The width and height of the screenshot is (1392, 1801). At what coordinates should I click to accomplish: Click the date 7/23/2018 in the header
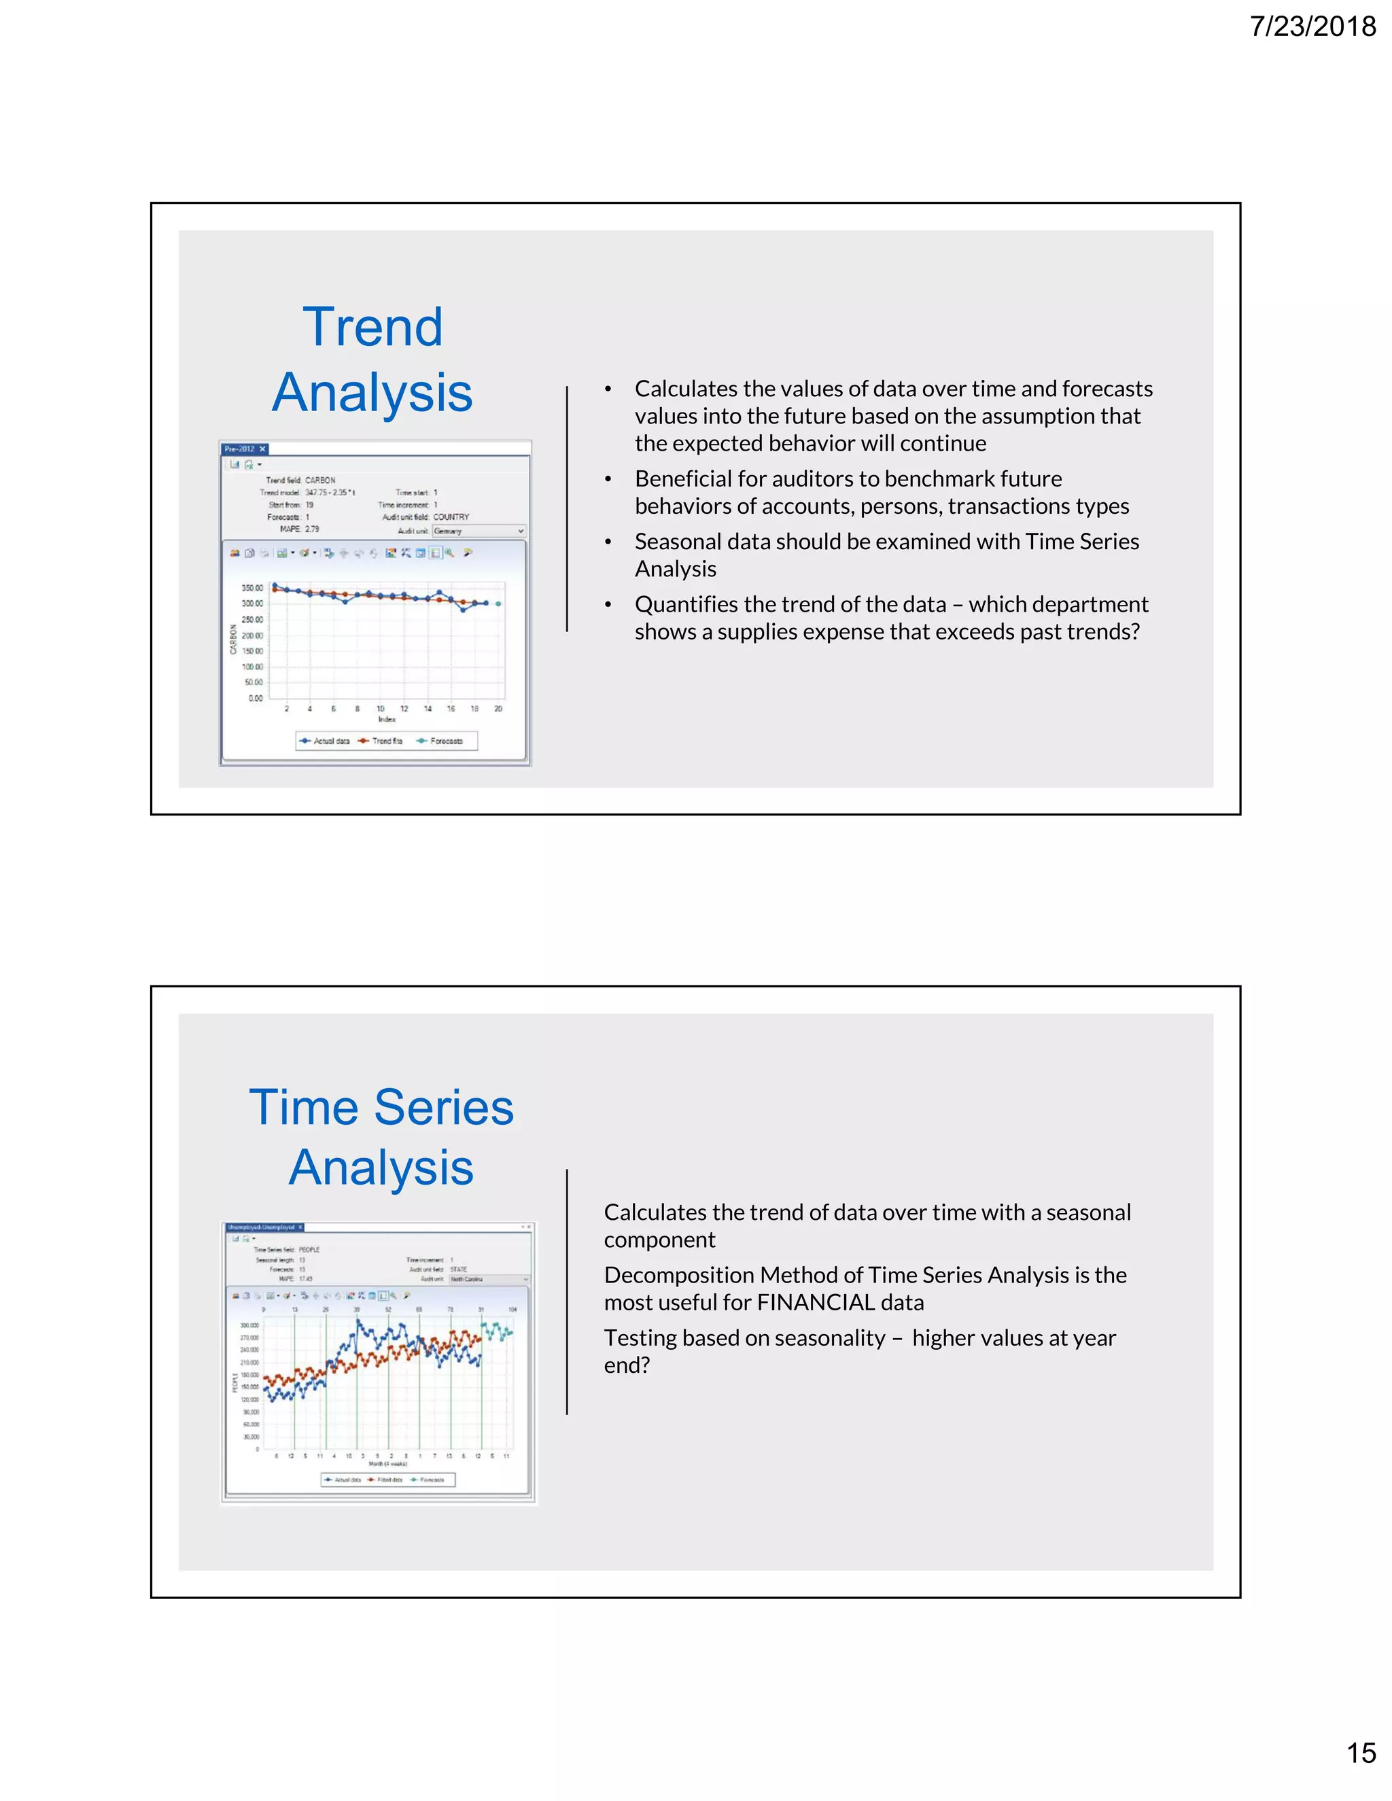click(1312, 27)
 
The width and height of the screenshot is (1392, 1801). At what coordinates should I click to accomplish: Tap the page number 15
click(1361, 1775)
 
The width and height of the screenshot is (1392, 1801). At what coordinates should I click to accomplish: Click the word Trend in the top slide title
click(372, 326)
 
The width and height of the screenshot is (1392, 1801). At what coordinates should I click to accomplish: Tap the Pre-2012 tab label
click(240, 449)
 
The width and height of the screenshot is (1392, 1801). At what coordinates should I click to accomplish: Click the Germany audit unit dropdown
click(479, 531)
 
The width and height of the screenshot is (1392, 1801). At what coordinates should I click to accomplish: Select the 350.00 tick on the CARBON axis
click(252, 588)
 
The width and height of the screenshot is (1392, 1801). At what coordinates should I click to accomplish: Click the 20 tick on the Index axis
click(498, 708)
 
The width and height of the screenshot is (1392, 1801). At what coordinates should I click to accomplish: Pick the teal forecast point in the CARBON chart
click(498, 604)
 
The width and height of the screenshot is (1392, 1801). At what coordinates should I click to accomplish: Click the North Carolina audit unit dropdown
click(488, 1279)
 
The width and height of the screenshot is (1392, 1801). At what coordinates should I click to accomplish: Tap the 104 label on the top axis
click(512, 1310)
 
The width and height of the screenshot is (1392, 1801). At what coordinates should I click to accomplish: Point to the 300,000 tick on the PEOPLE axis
click(249, 1325)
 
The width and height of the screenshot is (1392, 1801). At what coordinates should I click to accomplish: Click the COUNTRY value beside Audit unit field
click(451, 517)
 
